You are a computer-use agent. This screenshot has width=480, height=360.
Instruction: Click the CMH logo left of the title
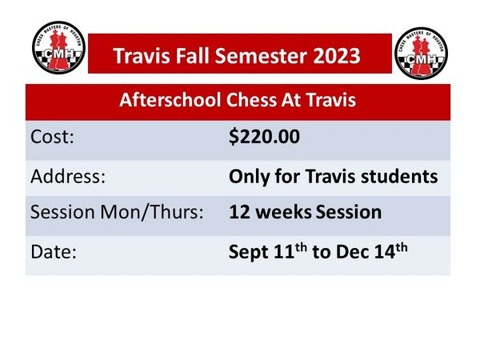pos(58,47)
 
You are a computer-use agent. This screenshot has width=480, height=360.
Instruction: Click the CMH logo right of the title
pos(422,54)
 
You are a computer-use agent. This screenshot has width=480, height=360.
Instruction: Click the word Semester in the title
pos(261,56)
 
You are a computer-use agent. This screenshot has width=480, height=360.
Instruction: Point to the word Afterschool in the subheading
pos(170,100)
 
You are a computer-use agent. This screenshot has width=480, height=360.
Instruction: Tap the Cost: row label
pos(52,137)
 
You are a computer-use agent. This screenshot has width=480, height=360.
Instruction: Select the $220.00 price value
pos(264,137)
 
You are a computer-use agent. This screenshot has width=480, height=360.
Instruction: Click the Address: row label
pos(68,176)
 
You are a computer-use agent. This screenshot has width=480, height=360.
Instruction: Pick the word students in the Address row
pos(399,177)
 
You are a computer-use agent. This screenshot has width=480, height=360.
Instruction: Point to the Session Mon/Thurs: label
pos(117,212)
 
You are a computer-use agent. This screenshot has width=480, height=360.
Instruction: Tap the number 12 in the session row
pos(239,212)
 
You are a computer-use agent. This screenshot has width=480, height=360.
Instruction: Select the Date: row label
pos(54,252)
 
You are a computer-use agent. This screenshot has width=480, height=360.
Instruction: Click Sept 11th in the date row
pos(268,252)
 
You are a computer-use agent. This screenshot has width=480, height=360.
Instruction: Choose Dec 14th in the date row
pos(372,251)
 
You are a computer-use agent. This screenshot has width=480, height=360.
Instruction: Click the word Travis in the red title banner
pos(142,56)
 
